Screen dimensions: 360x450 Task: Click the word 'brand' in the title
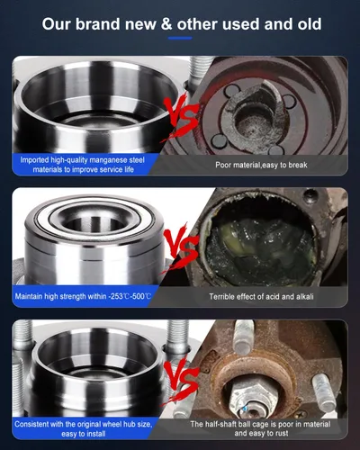point(97,24)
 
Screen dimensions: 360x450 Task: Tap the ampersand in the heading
point(166,24)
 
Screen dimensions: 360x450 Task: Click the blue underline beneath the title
point(180,39)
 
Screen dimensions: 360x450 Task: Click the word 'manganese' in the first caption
point(109,160)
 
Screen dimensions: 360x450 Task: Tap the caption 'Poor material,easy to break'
point(261,165)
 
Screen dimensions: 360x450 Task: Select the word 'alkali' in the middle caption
point(305,297)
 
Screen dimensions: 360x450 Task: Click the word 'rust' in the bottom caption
point(282,433)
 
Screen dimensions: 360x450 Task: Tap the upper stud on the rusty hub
point(244,337)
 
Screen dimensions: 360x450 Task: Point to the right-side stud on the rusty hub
point(324,392)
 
